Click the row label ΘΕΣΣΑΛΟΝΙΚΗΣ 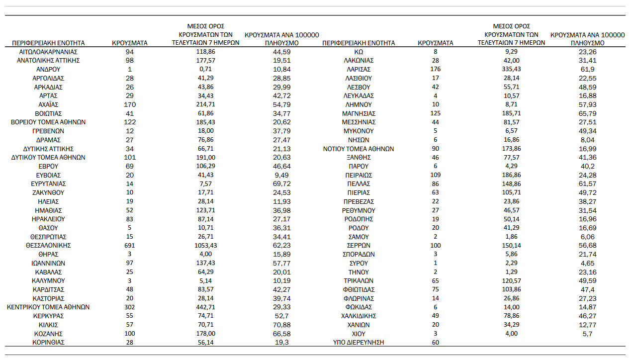[48, 246]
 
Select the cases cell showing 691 [130, 246]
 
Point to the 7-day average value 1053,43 [205, 246]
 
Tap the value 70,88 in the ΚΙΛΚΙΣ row [282, 325]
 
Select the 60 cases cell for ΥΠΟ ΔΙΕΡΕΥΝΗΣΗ [436, 343]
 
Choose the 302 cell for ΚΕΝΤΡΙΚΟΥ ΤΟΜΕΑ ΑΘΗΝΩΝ [130, 307]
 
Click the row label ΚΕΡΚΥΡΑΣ [48, 316]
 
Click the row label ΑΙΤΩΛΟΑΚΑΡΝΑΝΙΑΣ [48, 52]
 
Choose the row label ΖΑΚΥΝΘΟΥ [48, 192]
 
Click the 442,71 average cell [205, 307]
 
